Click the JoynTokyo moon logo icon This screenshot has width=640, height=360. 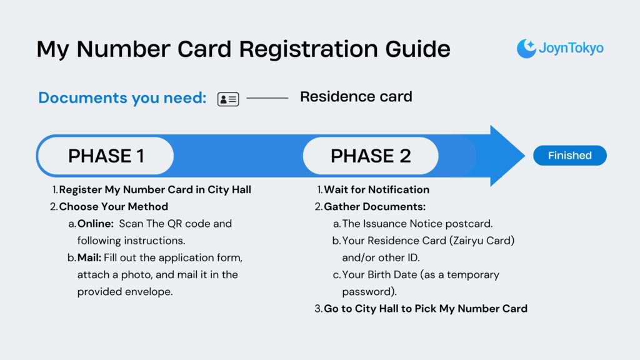pyautogui.click(x=526, y=48)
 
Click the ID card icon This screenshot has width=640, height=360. pyautogui.click(x=228, y=99)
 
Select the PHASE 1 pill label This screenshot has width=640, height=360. pyautogui.click(x=106, y=156)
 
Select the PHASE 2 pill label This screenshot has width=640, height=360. pyautogui.click(x=371, y=156)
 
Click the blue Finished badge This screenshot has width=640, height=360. pyautogui.click(x=569, y=156)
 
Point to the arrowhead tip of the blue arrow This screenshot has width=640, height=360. pyautogui.click(x=523, y=156)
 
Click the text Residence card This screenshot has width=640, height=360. pyautogui.click(x=356, y=97)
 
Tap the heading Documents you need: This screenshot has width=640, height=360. pyautogui.click(x=122, y=98)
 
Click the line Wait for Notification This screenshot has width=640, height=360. pyautogui.click(x=376, y=189)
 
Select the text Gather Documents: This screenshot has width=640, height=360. pyautogui.click(x=374, y=206)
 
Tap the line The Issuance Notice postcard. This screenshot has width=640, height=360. pyautogui.click(x=409, y=223)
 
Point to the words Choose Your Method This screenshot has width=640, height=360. pyautogui.click(x=113, y=206)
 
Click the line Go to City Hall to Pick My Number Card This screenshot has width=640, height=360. pyautogui.click(x=425, y=308)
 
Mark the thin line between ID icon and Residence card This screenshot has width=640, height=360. pyautogui.click(x=267, y=98)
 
